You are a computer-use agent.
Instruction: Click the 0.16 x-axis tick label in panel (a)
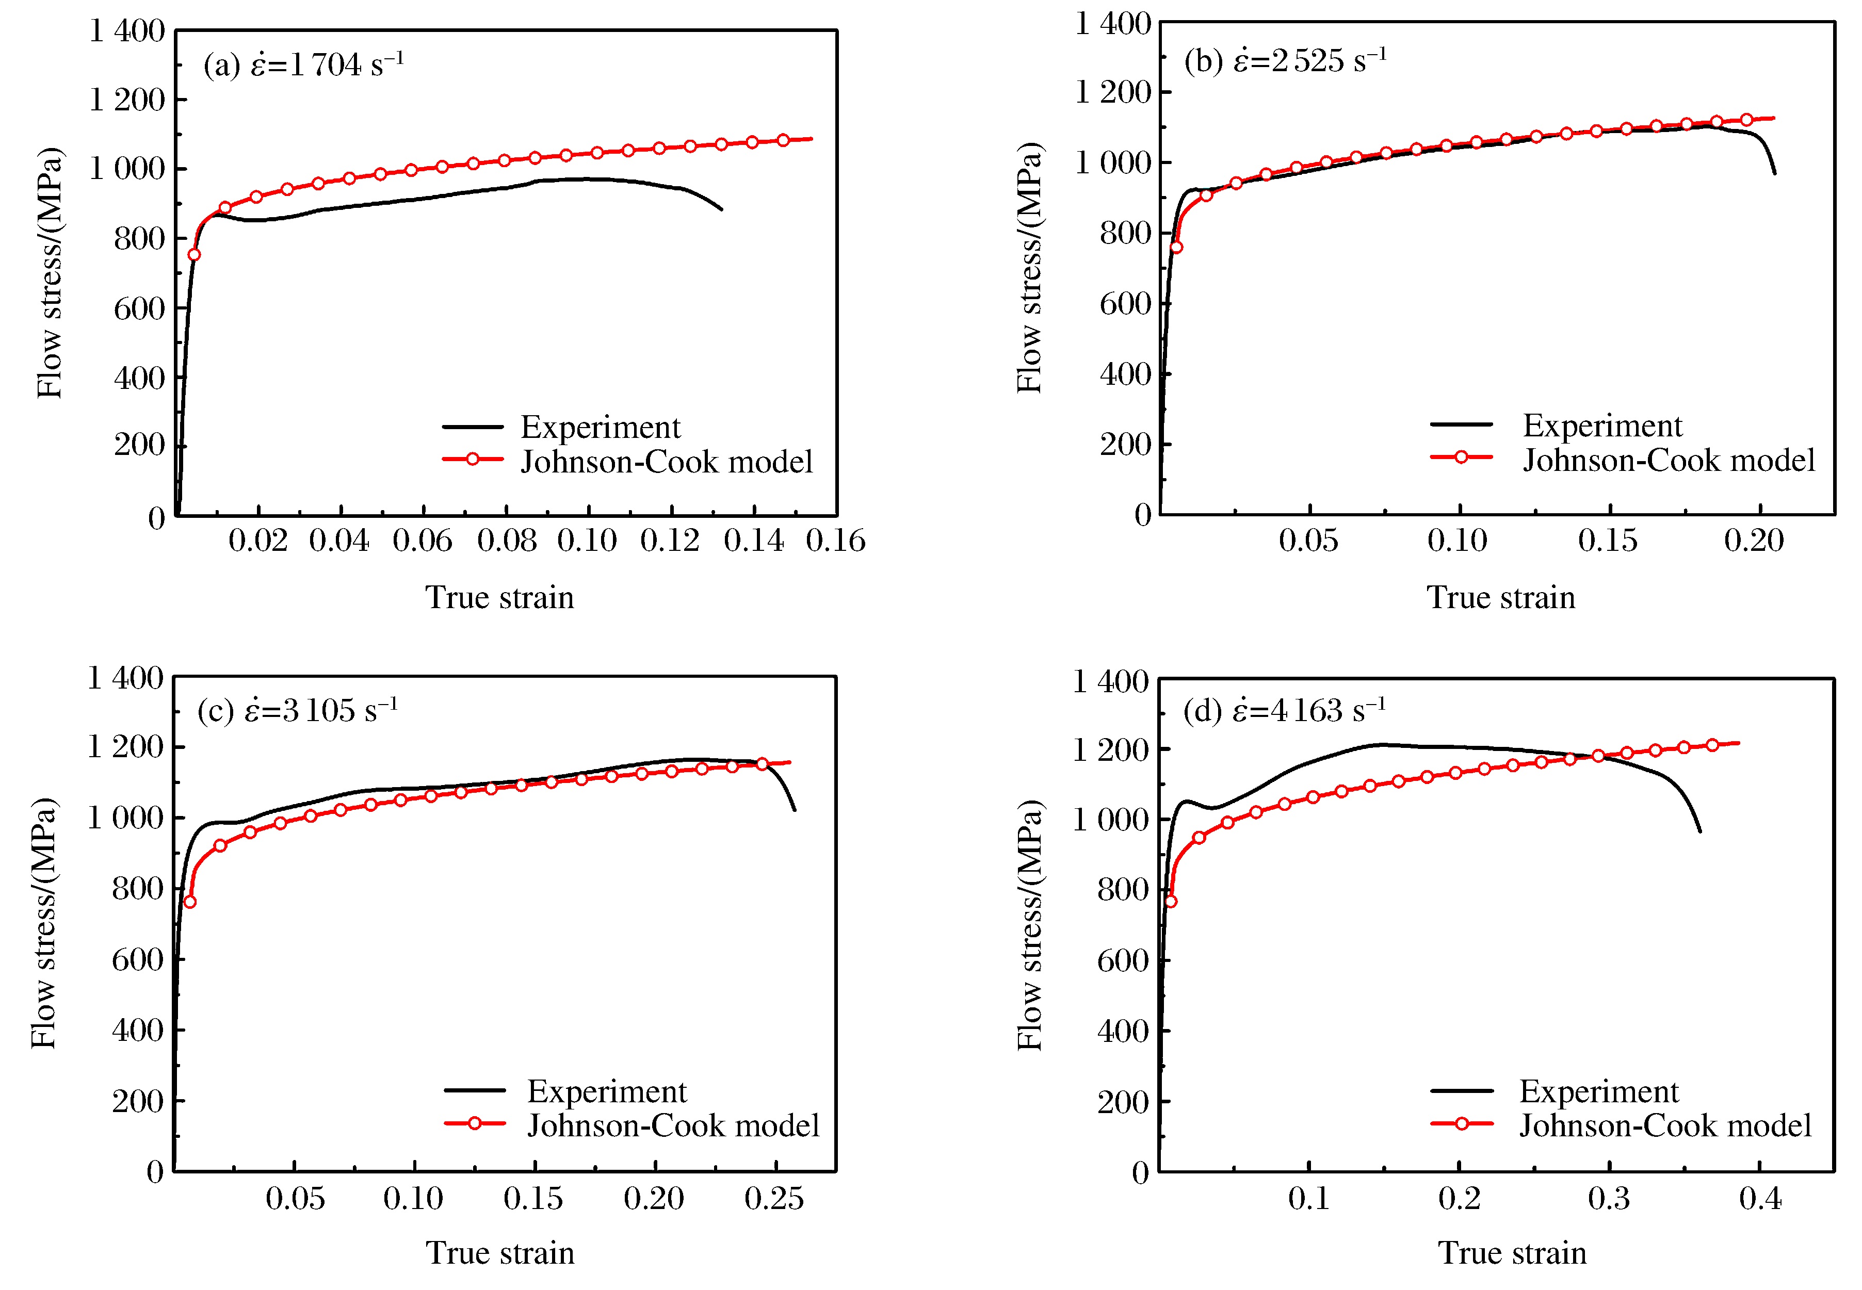835,540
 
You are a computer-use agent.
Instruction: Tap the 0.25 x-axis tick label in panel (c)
774,1197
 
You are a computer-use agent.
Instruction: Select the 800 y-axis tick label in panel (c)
137,888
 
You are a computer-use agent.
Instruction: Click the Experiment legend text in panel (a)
600,427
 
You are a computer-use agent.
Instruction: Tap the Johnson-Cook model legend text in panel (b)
1669,460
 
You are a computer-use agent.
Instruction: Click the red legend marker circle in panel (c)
475,1123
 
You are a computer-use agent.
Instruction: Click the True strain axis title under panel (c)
499,1252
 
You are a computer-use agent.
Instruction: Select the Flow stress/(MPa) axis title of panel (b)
1029,268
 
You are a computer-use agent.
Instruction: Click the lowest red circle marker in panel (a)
194,255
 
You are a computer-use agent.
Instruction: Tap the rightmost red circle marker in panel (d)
1712,744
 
